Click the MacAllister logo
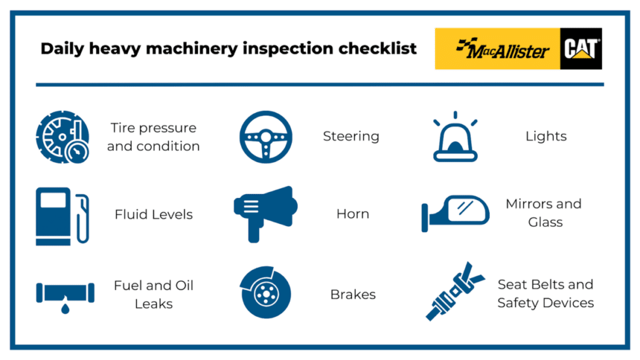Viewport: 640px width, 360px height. pos(498,49)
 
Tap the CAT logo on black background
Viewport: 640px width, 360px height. pos(581,49)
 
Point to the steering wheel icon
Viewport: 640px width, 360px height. pos(265,137)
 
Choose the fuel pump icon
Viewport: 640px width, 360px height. pos(61,216)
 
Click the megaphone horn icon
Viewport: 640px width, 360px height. pos(265,213)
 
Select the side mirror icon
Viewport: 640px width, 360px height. pos(456,213)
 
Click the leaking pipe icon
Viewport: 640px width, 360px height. pos(65,295)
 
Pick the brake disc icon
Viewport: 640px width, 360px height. pos(265,293)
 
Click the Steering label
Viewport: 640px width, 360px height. pos(351,137)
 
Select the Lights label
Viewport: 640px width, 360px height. pos(546,137)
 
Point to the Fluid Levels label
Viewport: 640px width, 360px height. pos(153,214)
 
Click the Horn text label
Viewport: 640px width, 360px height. pos(353,214)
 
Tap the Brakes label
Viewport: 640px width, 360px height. pos(353,295)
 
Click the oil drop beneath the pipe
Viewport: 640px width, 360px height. pos(65,308)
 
